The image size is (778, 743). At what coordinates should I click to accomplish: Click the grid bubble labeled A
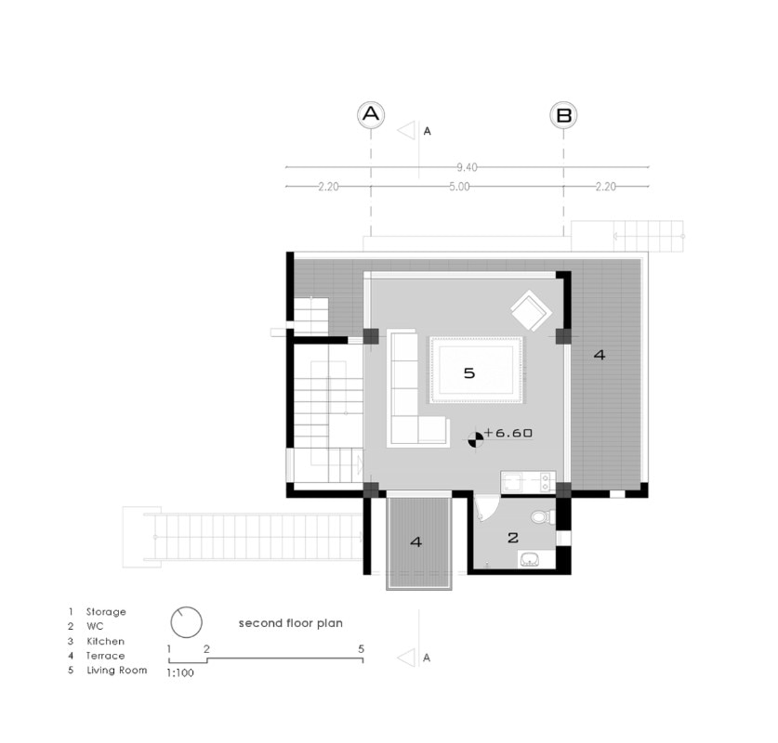pos(371,114)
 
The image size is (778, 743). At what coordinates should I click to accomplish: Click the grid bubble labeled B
pos(563,114)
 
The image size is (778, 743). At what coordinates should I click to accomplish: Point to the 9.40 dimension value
pos(467,167)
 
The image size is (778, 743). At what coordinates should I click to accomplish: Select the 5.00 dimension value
pos(459,187)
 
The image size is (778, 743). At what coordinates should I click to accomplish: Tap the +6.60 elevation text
pos(508,433)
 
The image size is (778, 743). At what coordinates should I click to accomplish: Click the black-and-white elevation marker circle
pos(475,439)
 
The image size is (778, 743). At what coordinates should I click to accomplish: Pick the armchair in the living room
pos(531,311)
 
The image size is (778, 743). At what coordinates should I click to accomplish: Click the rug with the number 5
pos(476,370)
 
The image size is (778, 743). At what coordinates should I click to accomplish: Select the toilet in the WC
pos(544,517)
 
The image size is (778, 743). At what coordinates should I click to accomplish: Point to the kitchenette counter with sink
pos(528,482)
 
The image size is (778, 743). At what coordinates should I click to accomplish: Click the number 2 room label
pos(513,538)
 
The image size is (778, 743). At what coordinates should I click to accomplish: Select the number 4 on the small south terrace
pos(416,541)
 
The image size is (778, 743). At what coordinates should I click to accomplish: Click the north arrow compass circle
pos(187,622)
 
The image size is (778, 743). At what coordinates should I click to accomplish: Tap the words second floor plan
pos(291,623)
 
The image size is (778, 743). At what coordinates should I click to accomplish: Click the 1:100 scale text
pos(180,673)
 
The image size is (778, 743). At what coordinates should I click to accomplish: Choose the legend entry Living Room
pos(117,671)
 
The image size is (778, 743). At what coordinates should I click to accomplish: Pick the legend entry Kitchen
pos(106,641)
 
